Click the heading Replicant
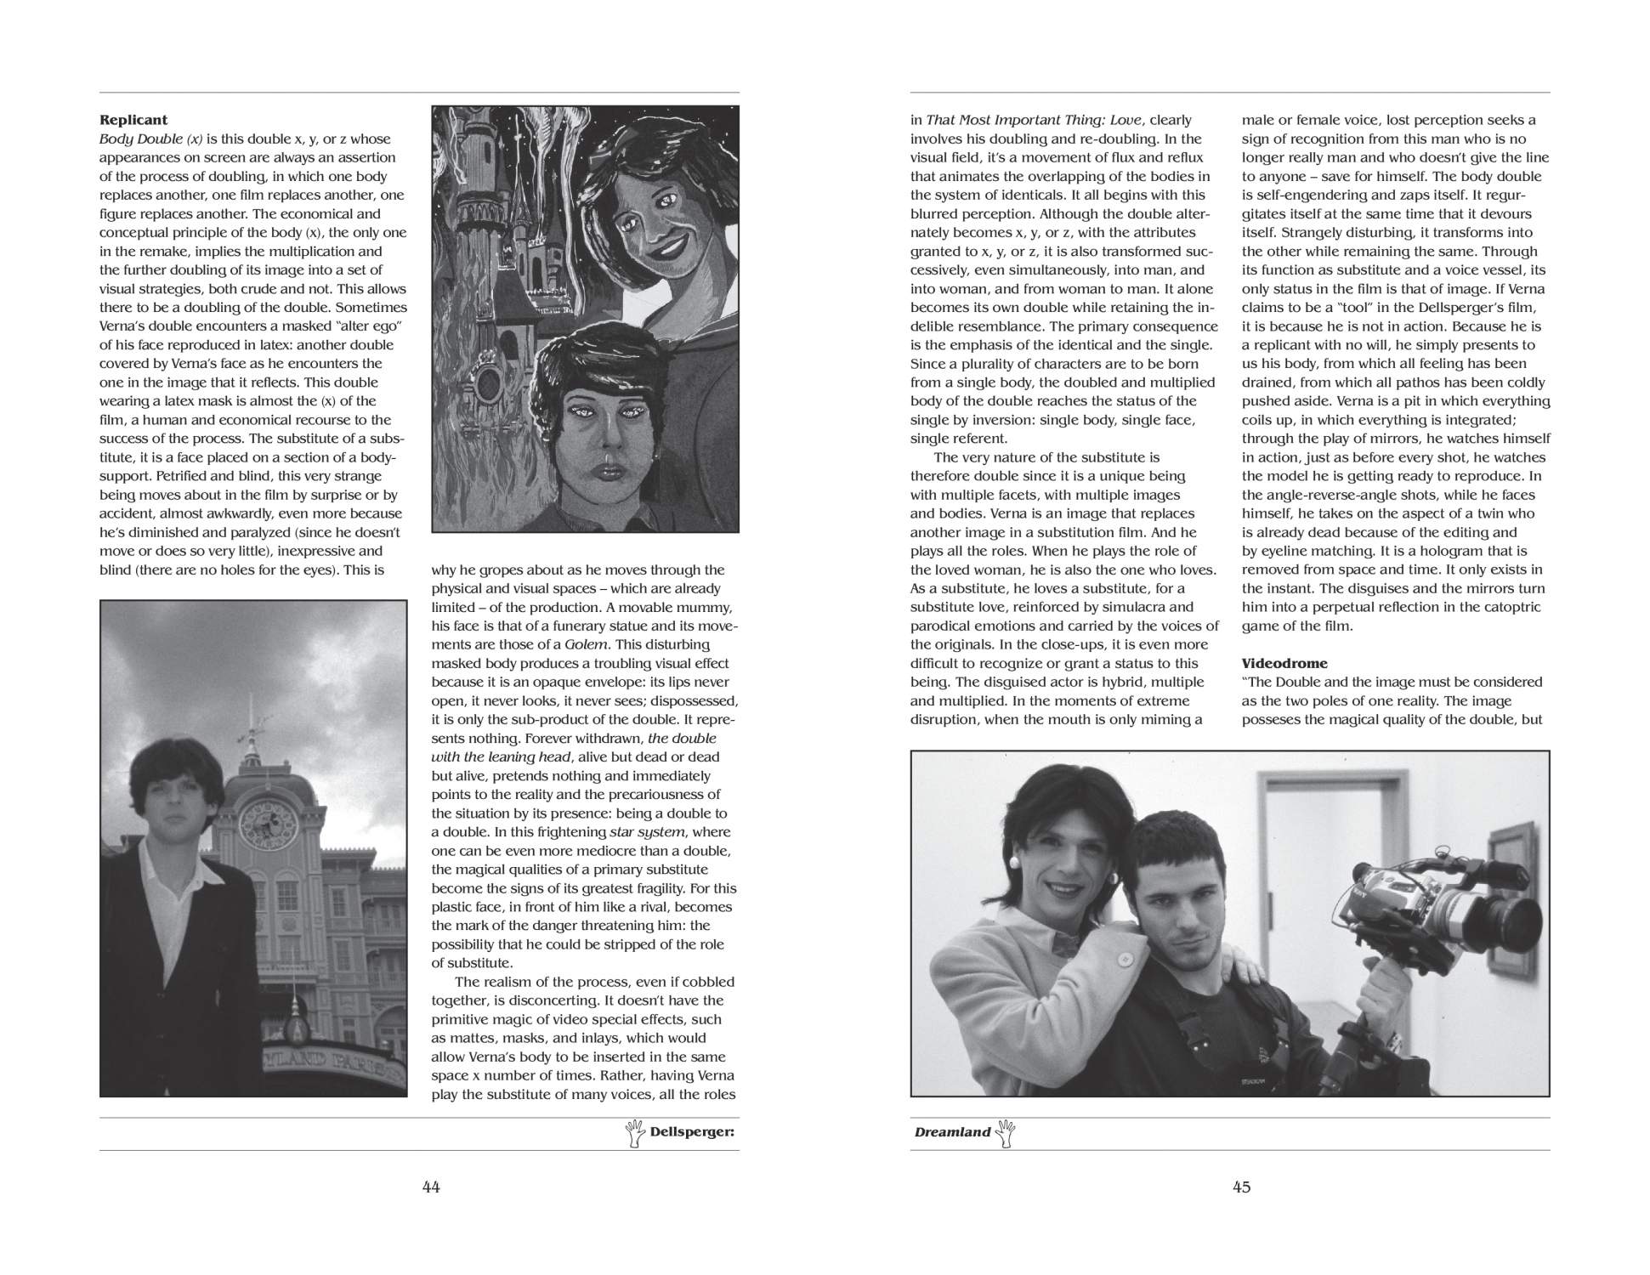click(x=133, y=120)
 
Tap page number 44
click(x=431, y=1187)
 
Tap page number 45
click(x=1241, y=1187)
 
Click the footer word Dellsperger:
click(x=692, y=1132)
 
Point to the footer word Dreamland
click(x=952, y=1132)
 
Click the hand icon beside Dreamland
click(x=1006, y=1133)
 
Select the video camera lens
click(x=1518, y=923)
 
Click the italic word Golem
click(x=584, y=644)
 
